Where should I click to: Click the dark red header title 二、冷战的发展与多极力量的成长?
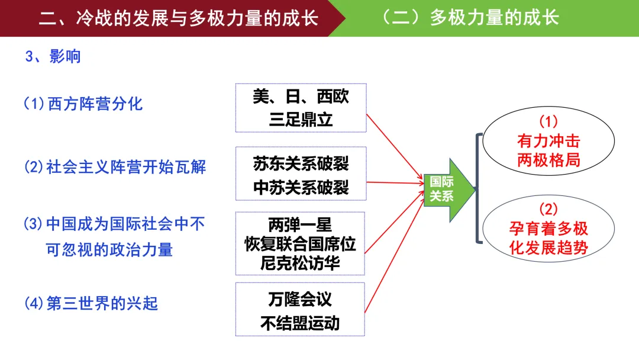pyautogui.click(x=179, y=18)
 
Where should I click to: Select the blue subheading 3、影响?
pyautogui.click(x=53, y=56)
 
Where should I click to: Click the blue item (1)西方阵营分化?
pyautogui.click(x=83, y=104)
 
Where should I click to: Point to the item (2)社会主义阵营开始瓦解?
pyautogui.click(x=115, y=167)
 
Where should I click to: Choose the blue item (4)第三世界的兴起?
pyautogui.click(x=91, y=303)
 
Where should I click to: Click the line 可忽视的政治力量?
pyautogui.click(x=109, y=249)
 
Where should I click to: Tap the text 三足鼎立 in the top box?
pyautogui.click(x=301, y=120)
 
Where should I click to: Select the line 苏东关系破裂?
pyautogui.click(x=301, y=164)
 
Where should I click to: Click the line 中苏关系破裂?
pyautogui.click(x=301, y=188)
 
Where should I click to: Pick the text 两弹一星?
pyautogui.click(x=300, y=224)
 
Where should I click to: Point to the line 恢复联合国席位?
pyautogui.click(x=300, y=244)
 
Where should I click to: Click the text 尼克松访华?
pyautogui.click(x=300, y=263)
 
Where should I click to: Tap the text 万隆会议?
pyautogui.click(x=300, y=299)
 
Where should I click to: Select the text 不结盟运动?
pyautogui.click(x=300, y=323)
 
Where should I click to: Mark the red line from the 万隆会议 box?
pyautogui.click(x=395, y=253)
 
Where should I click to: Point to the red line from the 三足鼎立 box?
pyautogui.click(x=395, y=147)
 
